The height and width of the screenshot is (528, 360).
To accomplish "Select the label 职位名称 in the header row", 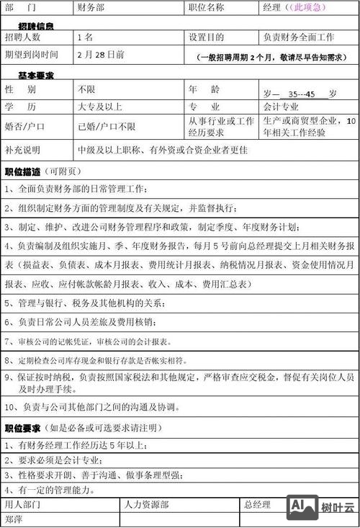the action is click(x=206, y=7).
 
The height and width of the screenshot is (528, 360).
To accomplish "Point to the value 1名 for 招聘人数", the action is click(x=85, y=37).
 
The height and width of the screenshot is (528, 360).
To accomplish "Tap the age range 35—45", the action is click(x=302, y=94).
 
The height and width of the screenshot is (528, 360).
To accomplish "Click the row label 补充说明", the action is click(x=23, y=151).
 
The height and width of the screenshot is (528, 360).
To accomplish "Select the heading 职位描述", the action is click(x=23, y=172).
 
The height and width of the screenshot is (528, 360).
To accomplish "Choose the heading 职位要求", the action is click(x=23, y=428).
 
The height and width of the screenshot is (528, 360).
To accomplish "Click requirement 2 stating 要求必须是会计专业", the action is click(x=60, y=460).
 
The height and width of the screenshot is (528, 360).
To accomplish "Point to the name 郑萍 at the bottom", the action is click(x=14, y=519).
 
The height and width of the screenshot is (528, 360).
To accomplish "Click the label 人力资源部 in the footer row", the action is click(x=147, y=505).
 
